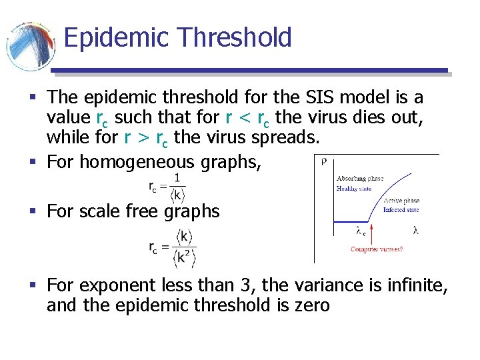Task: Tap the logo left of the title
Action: [x=31, y=47]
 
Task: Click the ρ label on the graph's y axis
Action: [x=323, y=161]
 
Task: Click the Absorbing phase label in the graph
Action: [x=359, y=179]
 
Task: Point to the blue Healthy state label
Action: [x=354, y=189]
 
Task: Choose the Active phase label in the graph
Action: [x=401, y=200]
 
